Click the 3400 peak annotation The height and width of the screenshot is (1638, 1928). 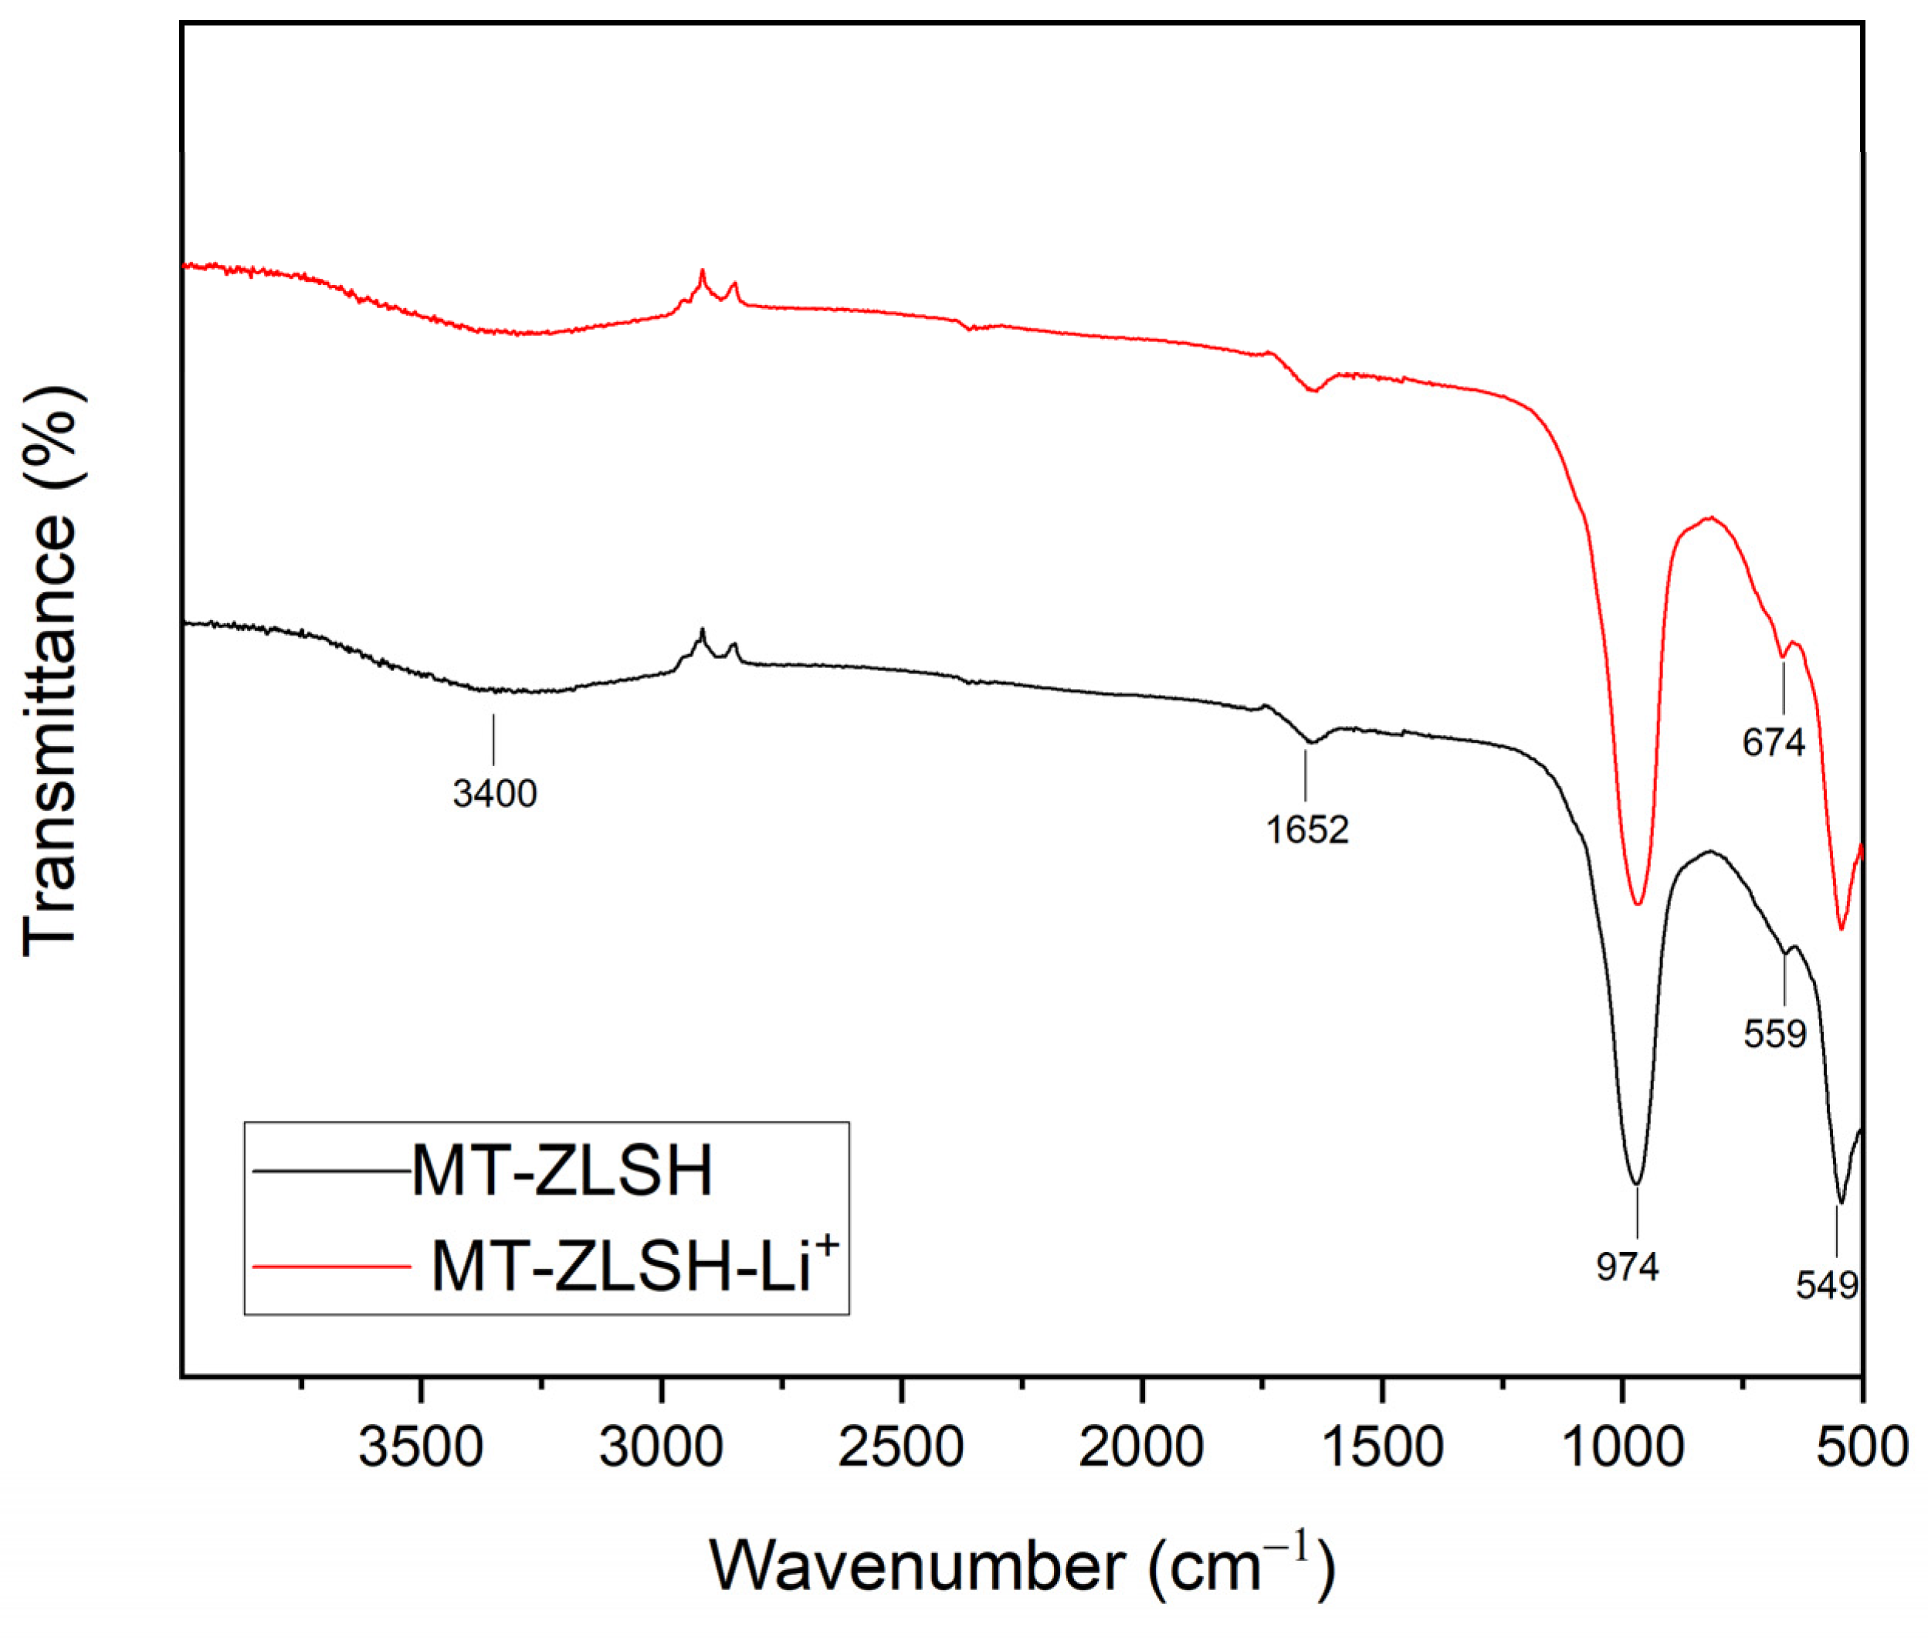tap(494, 794)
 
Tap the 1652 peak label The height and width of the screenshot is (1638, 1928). tap(1306, 829)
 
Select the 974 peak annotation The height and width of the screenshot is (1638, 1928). tap(1627, 1266)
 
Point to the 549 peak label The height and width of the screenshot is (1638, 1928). tap(1826, 1285)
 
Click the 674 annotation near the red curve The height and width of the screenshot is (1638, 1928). tap(1773, 742)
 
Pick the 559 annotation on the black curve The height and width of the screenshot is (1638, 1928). tap(1774, 1033)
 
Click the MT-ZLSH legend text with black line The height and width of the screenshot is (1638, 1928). tap(561, 1170)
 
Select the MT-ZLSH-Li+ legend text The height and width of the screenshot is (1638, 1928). tap(635, 1265)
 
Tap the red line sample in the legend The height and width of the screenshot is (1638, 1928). tap(331, 1266)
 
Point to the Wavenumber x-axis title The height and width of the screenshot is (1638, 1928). tap(1021, 1566)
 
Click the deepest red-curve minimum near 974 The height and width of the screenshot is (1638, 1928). tap(1638, 903)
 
